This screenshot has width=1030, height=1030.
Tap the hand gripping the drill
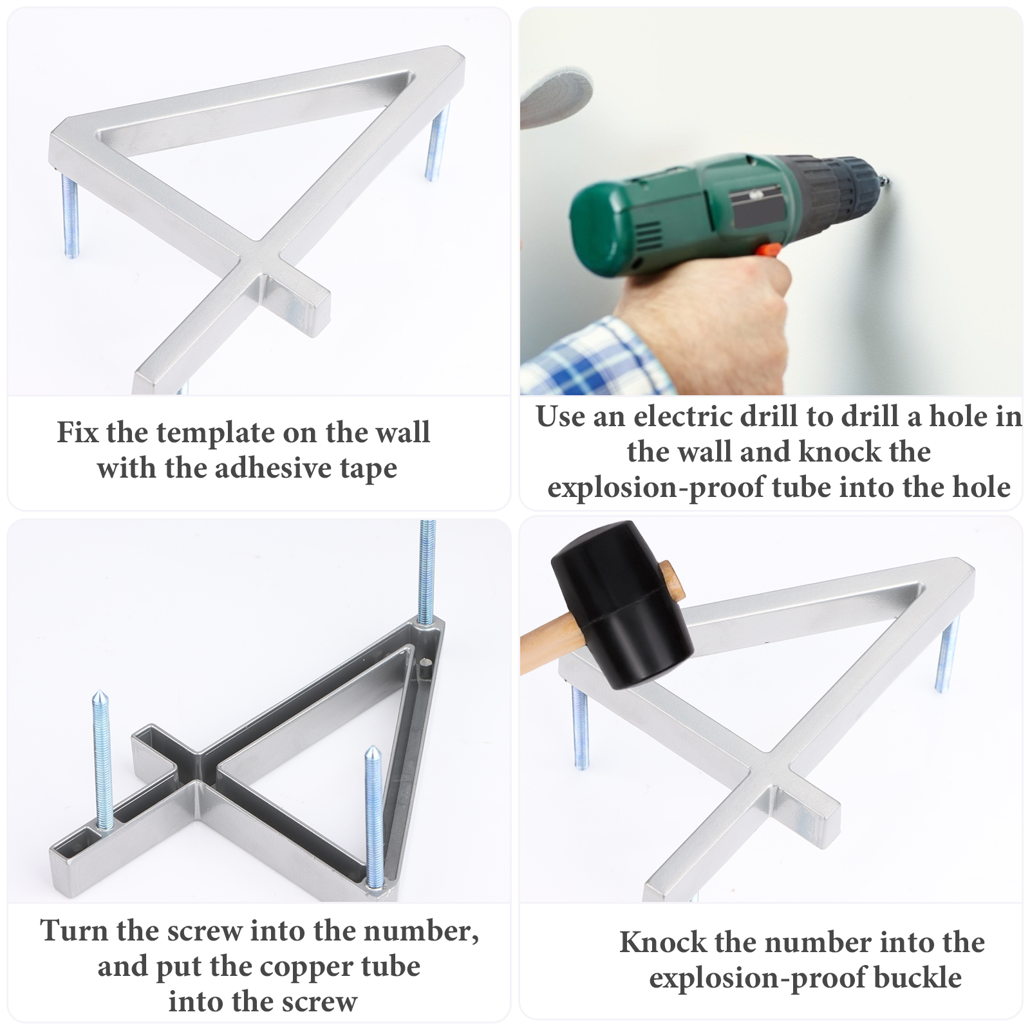point(705,309)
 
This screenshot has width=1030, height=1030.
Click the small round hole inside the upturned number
point(425,661)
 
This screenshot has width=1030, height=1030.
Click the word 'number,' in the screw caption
point(431,932)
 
